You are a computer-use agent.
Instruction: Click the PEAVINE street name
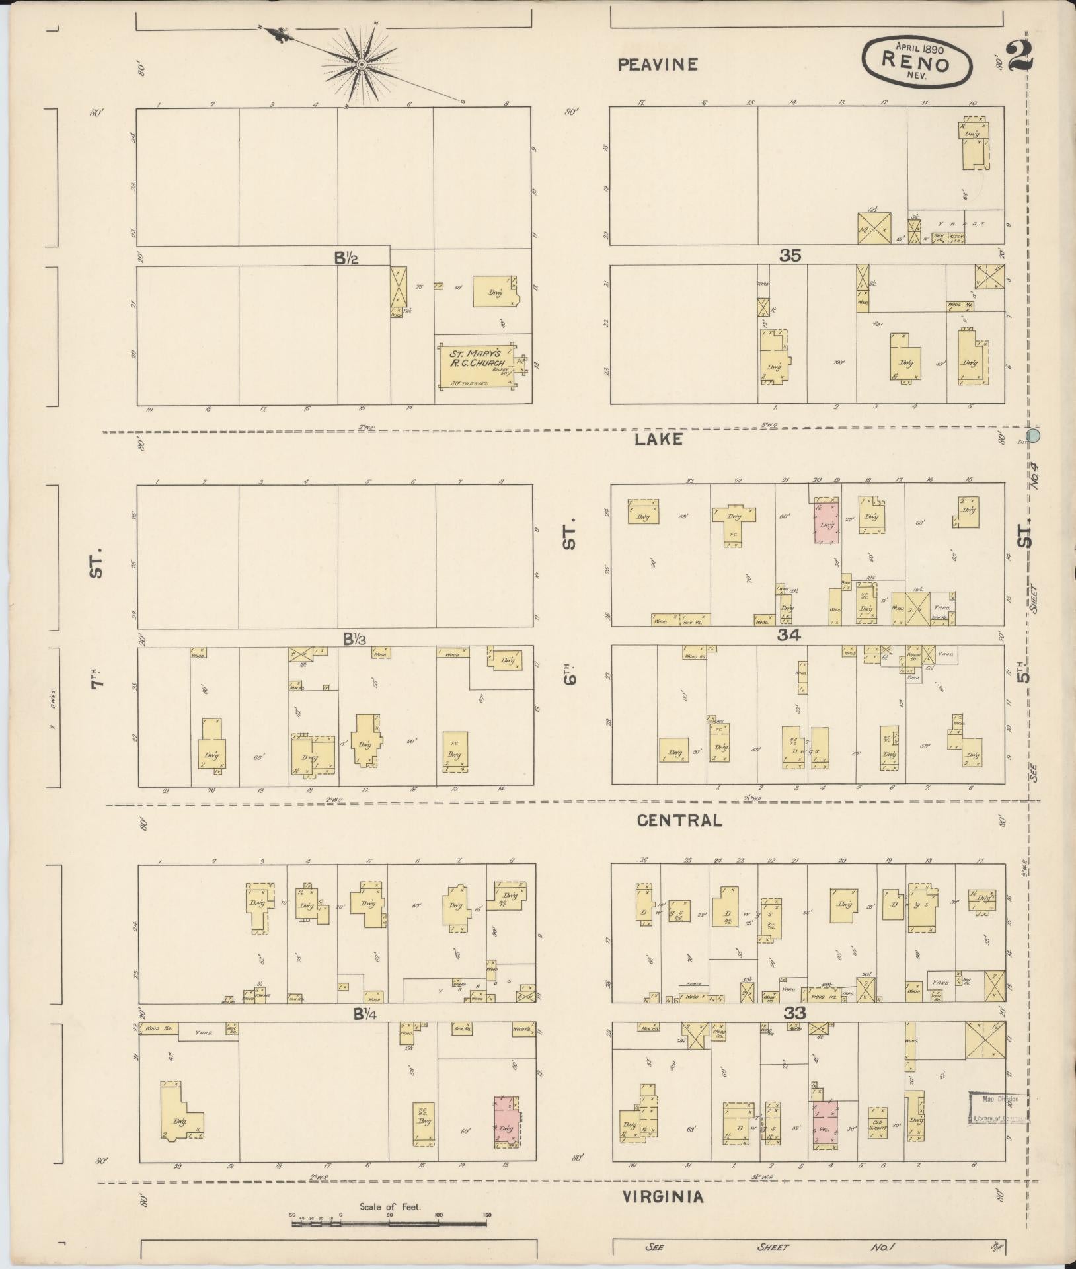[x=658, y=64]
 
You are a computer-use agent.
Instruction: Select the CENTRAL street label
[x=679, y=820]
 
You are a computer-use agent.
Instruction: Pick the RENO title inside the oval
[x=917, y=63]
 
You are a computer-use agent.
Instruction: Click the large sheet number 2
[x=1019, y=57]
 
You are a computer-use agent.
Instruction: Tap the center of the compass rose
[x=362, y=64]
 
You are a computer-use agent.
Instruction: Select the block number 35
[x=790, y=256]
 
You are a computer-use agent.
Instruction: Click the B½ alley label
[x=346, y=258]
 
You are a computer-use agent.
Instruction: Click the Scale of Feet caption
[x=389, y=1206]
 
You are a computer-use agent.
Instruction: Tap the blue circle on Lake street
[x=1034, y=436]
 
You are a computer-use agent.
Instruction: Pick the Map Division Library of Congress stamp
[x=999, y=1108]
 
